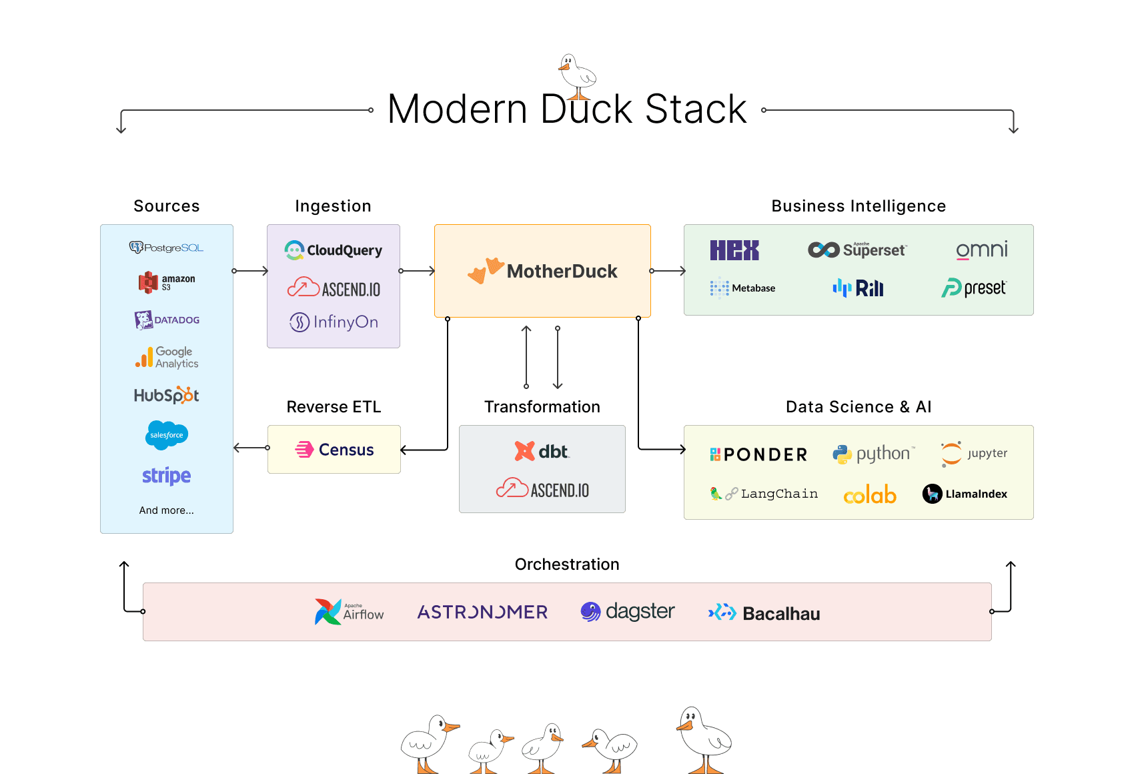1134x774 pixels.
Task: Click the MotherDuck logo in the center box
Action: [x=542, y=271]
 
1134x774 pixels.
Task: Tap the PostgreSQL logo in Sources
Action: [x=166, y=248]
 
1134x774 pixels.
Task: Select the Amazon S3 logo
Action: [x=166, y=282]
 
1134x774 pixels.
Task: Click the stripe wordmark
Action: [x=166, y=476]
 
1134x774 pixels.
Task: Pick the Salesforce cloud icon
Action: [x=166, y=435]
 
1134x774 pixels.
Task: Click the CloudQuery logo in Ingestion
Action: [x=333, y=250]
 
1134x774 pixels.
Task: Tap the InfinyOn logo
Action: [x=333, y=322]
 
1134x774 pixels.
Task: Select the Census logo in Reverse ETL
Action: [x=334, y=450]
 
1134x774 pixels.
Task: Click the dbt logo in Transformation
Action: [x=542, y=452]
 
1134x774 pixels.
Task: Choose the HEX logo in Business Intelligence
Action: [x=734, y=250]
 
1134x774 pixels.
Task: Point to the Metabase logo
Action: [x=742, y=288]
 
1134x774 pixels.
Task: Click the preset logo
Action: [x=973, y=288]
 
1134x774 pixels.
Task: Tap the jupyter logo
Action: [x=973, y=454]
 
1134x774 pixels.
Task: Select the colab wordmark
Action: [x=870, y=495]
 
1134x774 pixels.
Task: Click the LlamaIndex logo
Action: [x=965, y=494]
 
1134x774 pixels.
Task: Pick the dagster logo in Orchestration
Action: [x=627, y=611]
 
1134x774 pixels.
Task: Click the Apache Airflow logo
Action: [x=349, y=611]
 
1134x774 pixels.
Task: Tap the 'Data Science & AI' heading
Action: [x=858, y=407]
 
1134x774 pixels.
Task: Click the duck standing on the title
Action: [x=576, y=75]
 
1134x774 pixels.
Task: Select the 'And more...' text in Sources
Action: [x=166, y=510]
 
